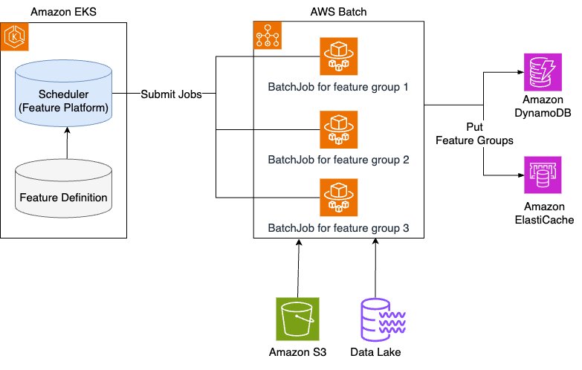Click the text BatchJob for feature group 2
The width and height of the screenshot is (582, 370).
coord(338,160)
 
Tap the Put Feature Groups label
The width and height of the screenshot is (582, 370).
coord(484,133)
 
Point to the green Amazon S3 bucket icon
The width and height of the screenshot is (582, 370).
coord(297,318)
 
